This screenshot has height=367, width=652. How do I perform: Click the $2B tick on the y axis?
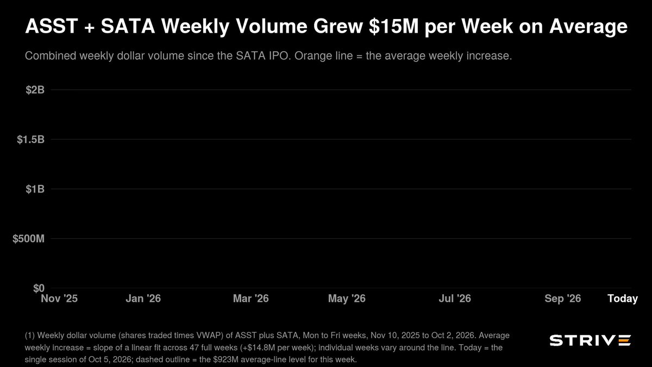35,90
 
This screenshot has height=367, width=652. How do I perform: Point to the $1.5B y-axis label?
30,140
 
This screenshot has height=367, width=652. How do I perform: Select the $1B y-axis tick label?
35,189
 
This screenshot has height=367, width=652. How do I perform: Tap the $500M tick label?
28,239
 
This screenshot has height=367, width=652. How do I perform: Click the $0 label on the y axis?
39,288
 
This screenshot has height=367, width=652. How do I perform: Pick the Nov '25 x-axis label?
59,298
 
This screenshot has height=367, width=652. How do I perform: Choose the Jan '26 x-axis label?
143,298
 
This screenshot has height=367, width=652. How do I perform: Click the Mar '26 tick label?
251,298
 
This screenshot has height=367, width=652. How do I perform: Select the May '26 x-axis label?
347,298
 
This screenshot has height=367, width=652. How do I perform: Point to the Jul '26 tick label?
455,298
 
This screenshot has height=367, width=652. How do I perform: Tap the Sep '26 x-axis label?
563,298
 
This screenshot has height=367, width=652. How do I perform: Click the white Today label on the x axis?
623,298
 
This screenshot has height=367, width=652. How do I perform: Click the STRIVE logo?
590,340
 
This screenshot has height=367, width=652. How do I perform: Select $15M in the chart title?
393,26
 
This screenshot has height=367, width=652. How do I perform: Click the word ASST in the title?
52,26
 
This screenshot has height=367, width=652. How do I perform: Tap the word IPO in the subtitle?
279,55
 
